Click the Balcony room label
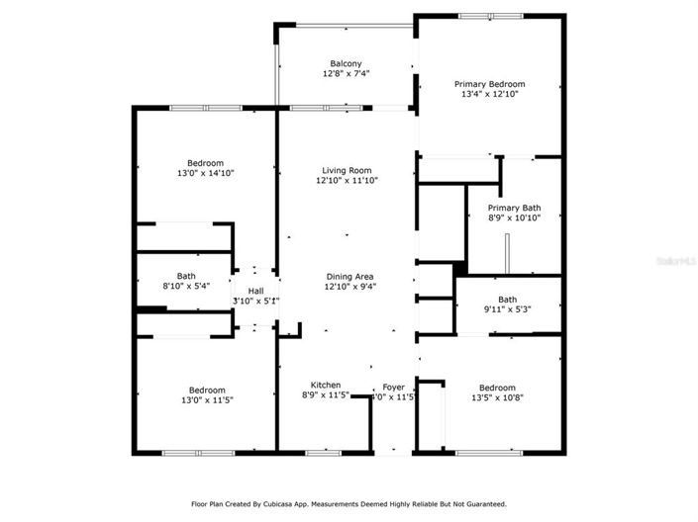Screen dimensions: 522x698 (x=346, y=63)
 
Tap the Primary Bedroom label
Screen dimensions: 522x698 (x=489, y=84)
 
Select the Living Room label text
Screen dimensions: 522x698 (x=347, y=170)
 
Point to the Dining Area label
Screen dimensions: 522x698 (x=350, y=276)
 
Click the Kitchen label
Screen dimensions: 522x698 (x=326, y=385)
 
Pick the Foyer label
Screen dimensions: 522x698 (x=392, y=388)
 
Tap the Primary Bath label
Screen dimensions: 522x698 (x=513, y=208)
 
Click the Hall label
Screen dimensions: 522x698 (x=255, y=291)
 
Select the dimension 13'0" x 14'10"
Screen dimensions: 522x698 (x=206, y=173)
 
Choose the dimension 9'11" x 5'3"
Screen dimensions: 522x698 (x=508, y=309)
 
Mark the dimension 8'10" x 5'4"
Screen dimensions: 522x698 (x=186, y=286)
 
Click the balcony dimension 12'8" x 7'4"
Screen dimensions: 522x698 (x=346, y=74)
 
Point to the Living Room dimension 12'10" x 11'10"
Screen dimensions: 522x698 (x=347, y=180)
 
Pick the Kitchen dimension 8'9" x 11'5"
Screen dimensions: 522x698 (x=325, y=395)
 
